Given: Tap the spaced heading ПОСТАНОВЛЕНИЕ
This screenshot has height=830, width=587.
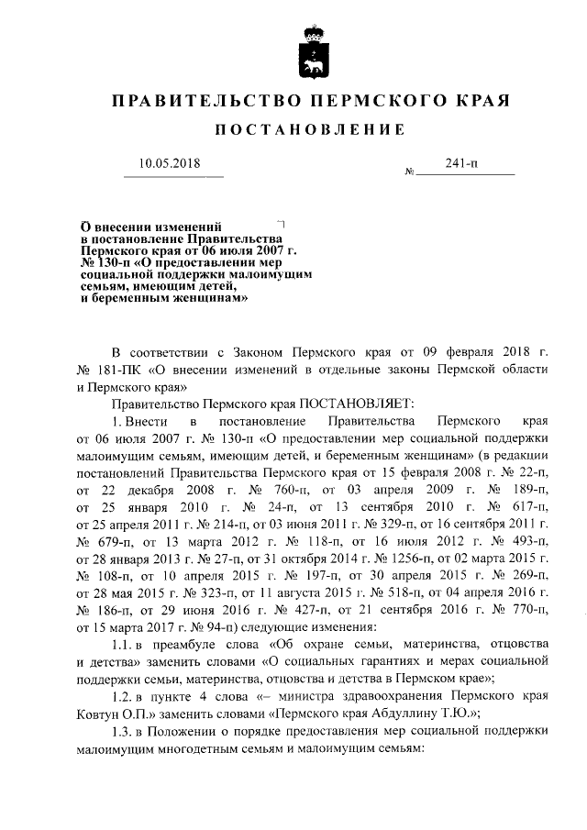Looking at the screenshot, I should point(309,130).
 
